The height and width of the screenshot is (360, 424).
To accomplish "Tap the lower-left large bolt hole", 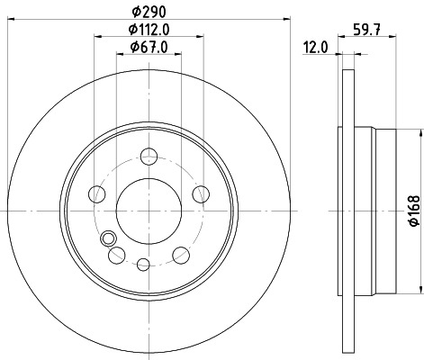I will click(115, 256).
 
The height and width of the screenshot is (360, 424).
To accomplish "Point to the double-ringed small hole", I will click(109, 238).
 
